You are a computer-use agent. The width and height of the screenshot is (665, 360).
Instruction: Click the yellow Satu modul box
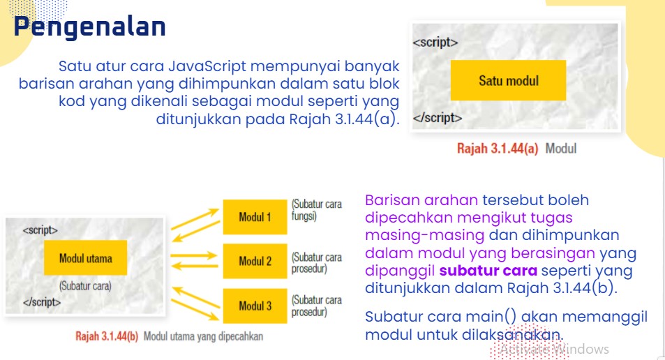point(508,80)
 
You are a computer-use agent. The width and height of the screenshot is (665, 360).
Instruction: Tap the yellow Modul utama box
point(85,258)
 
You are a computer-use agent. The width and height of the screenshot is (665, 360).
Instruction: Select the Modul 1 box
point(255,216)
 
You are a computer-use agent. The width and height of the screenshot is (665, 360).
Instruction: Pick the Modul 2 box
point(255,261)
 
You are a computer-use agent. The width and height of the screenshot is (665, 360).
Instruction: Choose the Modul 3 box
point(255,306)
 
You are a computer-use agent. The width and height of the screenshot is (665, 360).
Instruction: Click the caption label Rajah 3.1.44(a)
point(497,149)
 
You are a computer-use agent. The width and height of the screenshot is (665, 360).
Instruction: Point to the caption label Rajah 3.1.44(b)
point(107,336)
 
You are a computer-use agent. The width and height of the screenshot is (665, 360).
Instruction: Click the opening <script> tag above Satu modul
point(435,43)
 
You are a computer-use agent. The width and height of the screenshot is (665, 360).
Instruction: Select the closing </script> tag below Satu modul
point(438,117)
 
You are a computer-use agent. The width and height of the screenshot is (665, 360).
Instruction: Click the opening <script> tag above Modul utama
point(40,229)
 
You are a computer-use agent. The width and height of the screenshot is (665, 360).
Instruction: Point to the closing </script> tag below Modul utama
point(42,302)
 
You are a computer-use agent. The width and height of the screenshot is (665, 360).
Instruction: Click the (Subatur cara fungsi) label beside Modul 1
point(316,210)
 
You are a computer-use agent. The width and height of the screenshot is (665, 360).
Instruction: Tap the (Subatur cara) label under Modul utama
point(85,285)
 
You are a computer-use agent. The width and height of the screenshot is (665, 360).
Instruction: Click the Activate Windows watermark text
point(555,349)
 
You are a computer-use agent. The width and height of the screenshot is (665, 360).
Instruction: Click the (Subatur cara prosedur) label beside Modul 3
point(316,306)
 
